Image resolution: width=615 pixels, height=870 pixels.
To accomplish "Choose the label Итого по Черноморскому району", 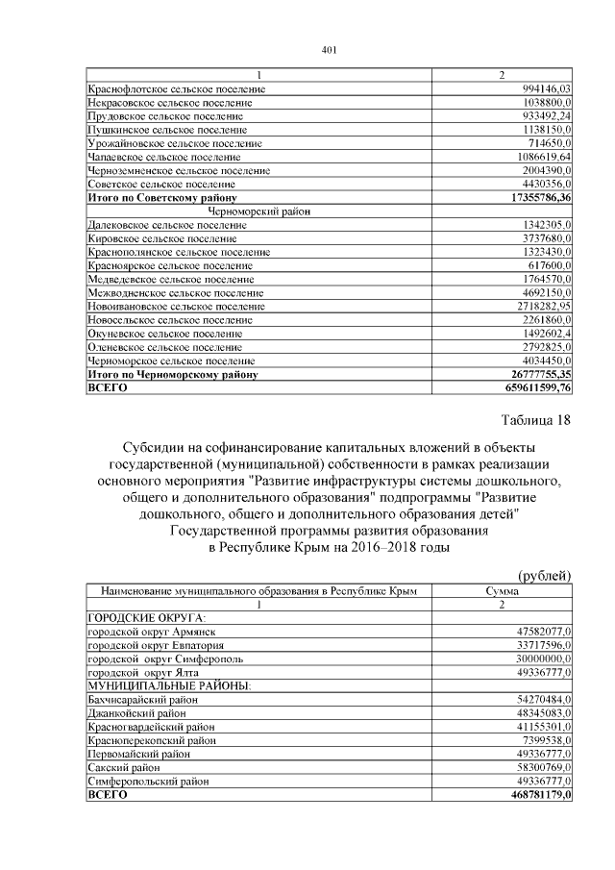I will click(x=172, y=373).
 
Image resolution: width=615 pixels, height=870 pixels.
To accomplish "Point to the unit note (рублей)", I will click(x=545, y=574).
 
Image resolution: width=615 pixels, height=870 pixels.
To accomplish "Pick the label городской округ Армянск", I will click(x=151, y=631).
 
